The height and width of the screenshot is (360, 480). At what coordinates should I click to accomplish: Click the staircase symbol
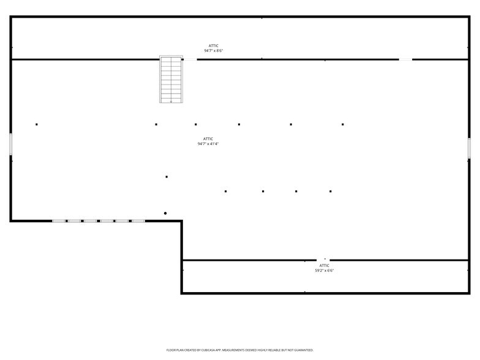tap(171, 80)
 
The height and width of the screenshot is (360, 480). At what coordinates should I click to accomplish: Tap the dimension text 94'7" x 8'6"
tap(213, 51)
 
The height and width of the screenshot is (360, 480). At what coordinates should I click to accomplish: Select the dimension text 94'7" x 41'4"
tap(208, 144)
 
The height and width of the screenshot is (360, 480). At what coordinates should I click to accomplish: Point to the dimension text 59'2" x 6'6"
tap(324, 271)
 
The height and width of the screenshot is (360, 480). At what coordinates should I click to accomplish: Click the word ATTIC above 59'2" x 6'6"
tap(324, 266)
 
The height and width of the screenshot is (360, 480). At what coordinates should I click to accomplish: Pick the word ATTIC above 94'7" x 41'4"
tap(208, 139)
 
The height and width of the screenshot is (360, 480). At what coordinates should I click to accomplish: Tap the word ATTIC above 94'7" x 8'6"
tap(213, 46)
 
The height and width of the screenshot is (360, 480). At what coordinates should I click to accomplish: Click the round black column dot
tap(165, 213)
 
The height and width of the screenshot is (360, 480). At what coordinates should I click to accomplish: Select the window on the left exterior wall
tap(11, 144)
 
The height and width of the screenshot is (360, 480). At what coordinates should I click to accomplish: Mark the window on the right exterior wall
tap(469, 148)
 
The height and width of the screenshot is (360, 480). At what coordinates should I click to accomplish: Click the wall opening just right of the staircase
tap(190, 59)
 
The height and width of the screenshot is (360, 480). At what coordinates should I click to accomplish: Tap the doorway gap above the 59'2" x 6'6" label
tap(323, 260)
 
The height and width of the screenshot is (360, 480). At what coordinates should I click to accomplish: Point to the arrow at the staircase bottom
tap(171, 102)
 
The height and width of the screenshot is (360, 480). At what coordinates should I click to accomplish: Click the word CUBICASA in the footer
tap(208, 350)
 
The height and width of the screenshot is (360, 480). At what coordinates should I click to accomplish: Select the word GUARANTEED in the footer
tap(304, 350)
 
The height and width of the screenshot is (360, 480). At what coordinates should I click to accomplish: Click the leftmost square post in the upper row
tap(37, 124)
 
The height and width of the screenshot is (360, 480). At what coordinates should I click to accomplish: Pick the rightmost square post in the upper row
tap(343, 124)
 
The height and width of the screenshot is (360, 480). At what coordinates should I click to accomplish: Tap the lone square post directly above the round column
tap(167, 176)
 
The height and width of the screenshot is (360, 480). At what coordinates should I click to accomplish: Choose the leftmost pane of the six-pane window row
tap(59, 221)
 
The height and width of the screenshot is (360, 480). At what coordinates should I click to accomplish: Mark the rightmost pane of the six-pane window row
tap(138, 221)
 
